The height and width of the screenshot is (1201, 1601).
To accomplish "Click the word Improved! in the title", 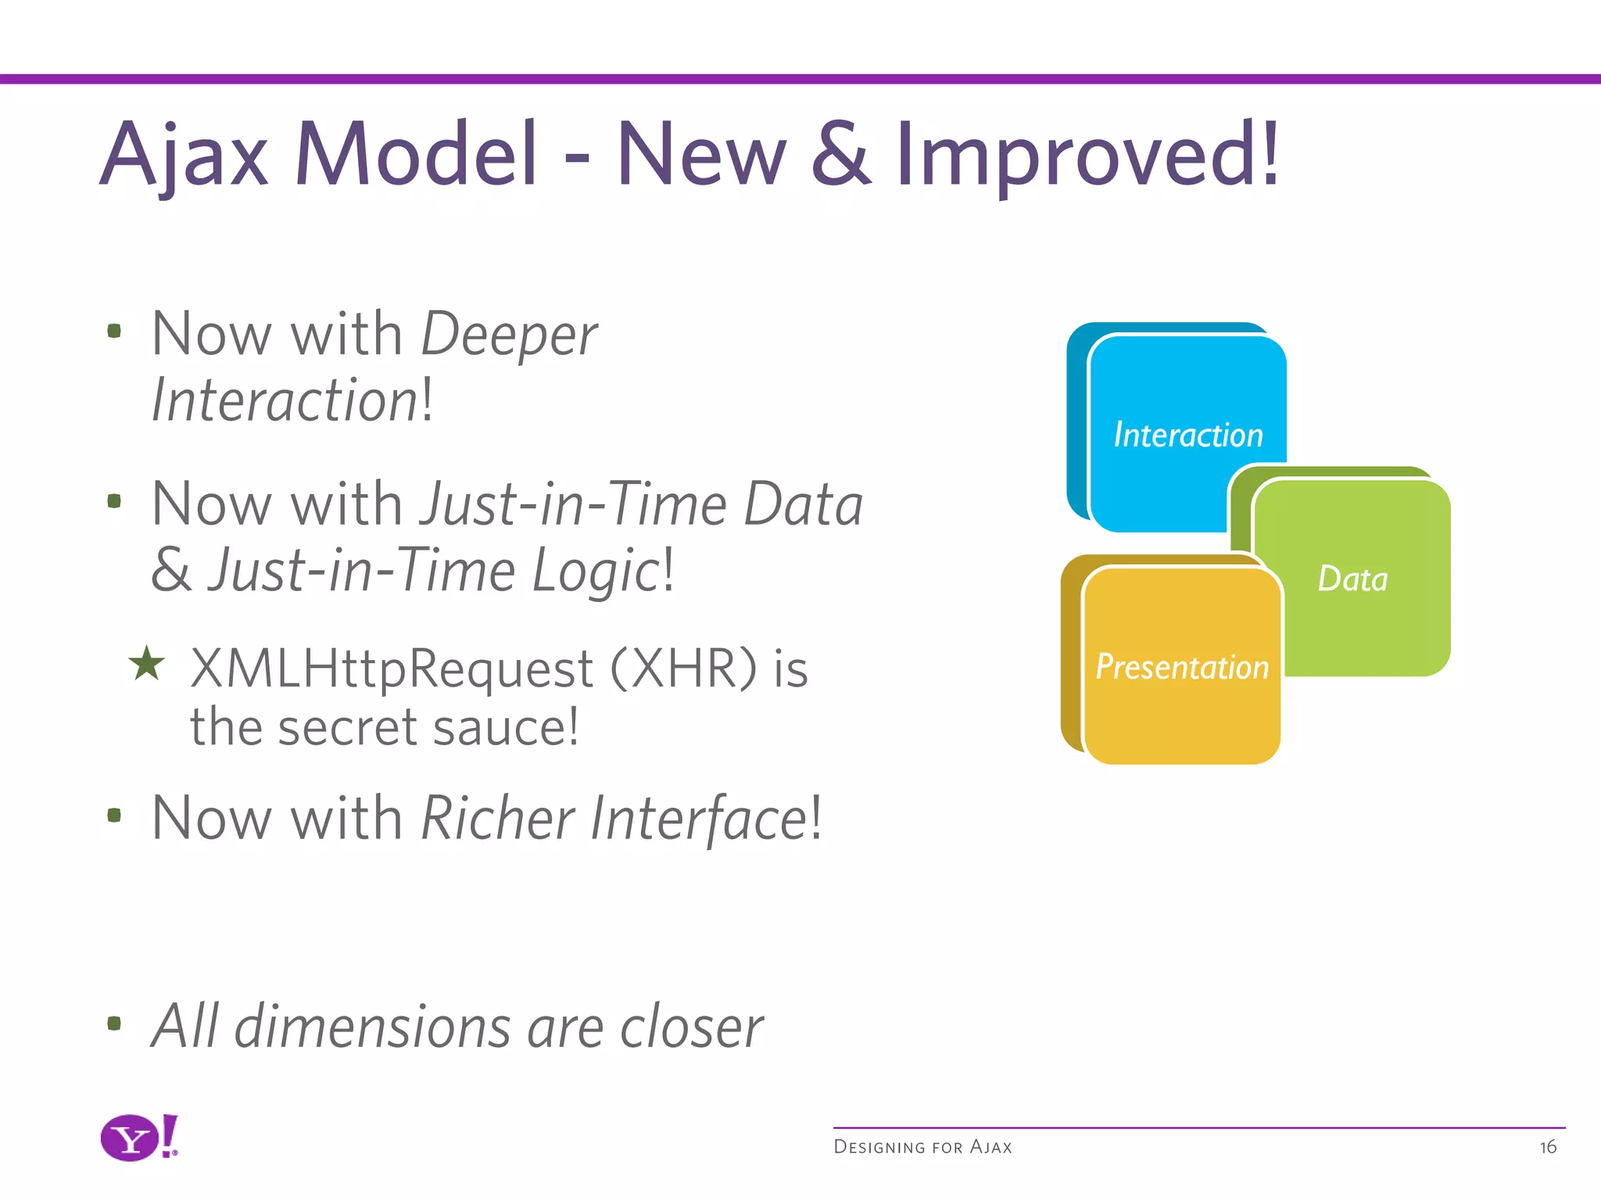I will click(1087, 156).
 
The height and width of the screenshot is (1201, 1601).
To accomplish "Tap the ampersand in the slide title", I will click(840, 154).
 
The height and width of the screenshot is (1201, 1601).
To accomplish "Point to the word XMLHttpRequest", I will click(392, 670).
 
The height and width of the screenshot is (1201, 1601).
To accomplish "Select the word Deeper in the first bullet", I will click(509, 335).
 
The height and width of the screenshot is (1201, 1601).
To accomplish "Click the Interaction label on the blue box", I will click(1187, 435).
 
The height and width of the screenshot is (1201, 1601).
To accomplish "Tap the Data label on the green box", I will click(1352, 579).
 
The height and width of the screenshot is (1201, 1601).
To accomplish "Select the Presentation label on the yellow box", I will click(1181, 667).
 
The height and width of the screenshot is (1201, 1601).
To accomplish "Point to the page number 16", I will click(1548, 1147).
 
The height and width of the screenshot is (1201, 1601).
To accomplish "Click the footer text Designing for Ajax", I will click(922, 1147).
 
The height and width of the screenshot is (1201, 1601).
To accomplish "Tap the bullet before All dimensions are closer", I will click(114, 1023).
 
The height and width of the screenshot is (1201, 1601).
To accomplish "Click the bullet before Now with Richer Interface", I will click(114, 816).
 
